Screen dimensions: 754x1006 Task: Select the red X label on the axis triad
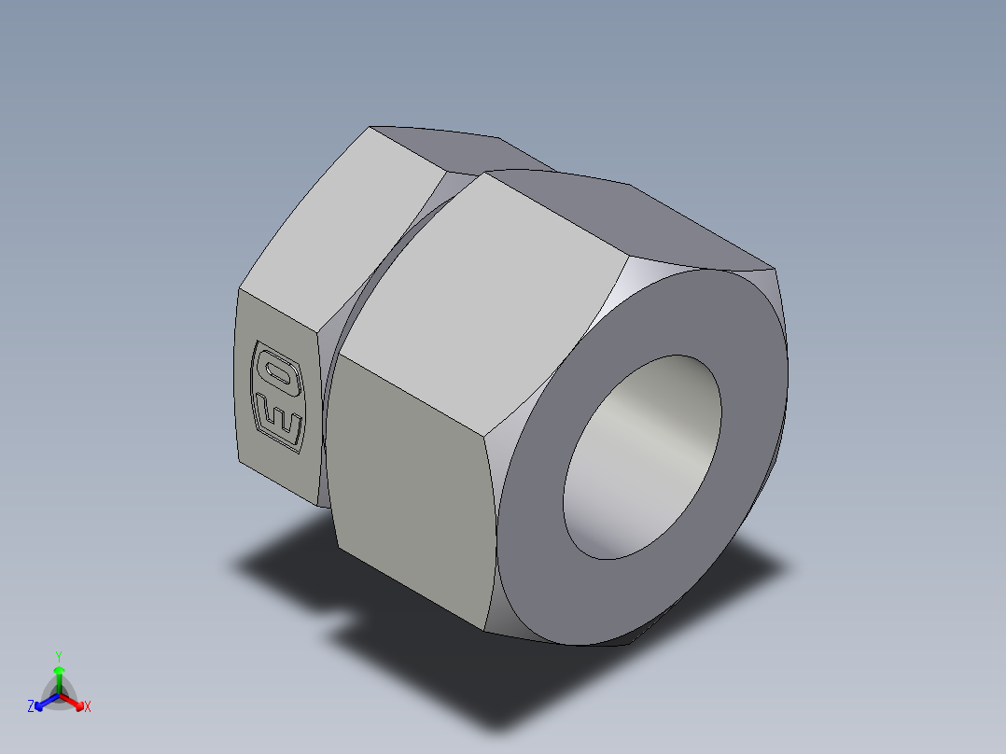pos(88,707)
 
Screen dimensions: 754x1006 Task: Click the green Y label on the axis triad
pos(58,655)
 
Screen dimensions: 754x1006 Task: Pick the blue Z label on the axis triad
pos(31,706)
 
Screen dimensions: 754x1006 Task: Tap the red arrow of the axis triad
pos(75,700)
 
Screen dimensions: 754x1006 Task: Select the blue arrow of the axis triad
pos(43,701)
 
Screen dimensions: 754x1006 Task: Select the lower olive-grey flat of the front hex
pos(411,485)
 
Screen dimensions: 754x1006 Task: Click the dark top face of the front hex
pos(635,219)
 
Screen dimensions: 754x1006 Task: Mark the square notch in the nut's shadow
pos(343,623)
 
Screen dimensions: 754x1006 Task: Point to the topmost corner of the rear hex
pos(370,126)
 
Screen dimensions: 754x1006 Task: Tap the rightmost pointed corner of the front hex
pos(776,270)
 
